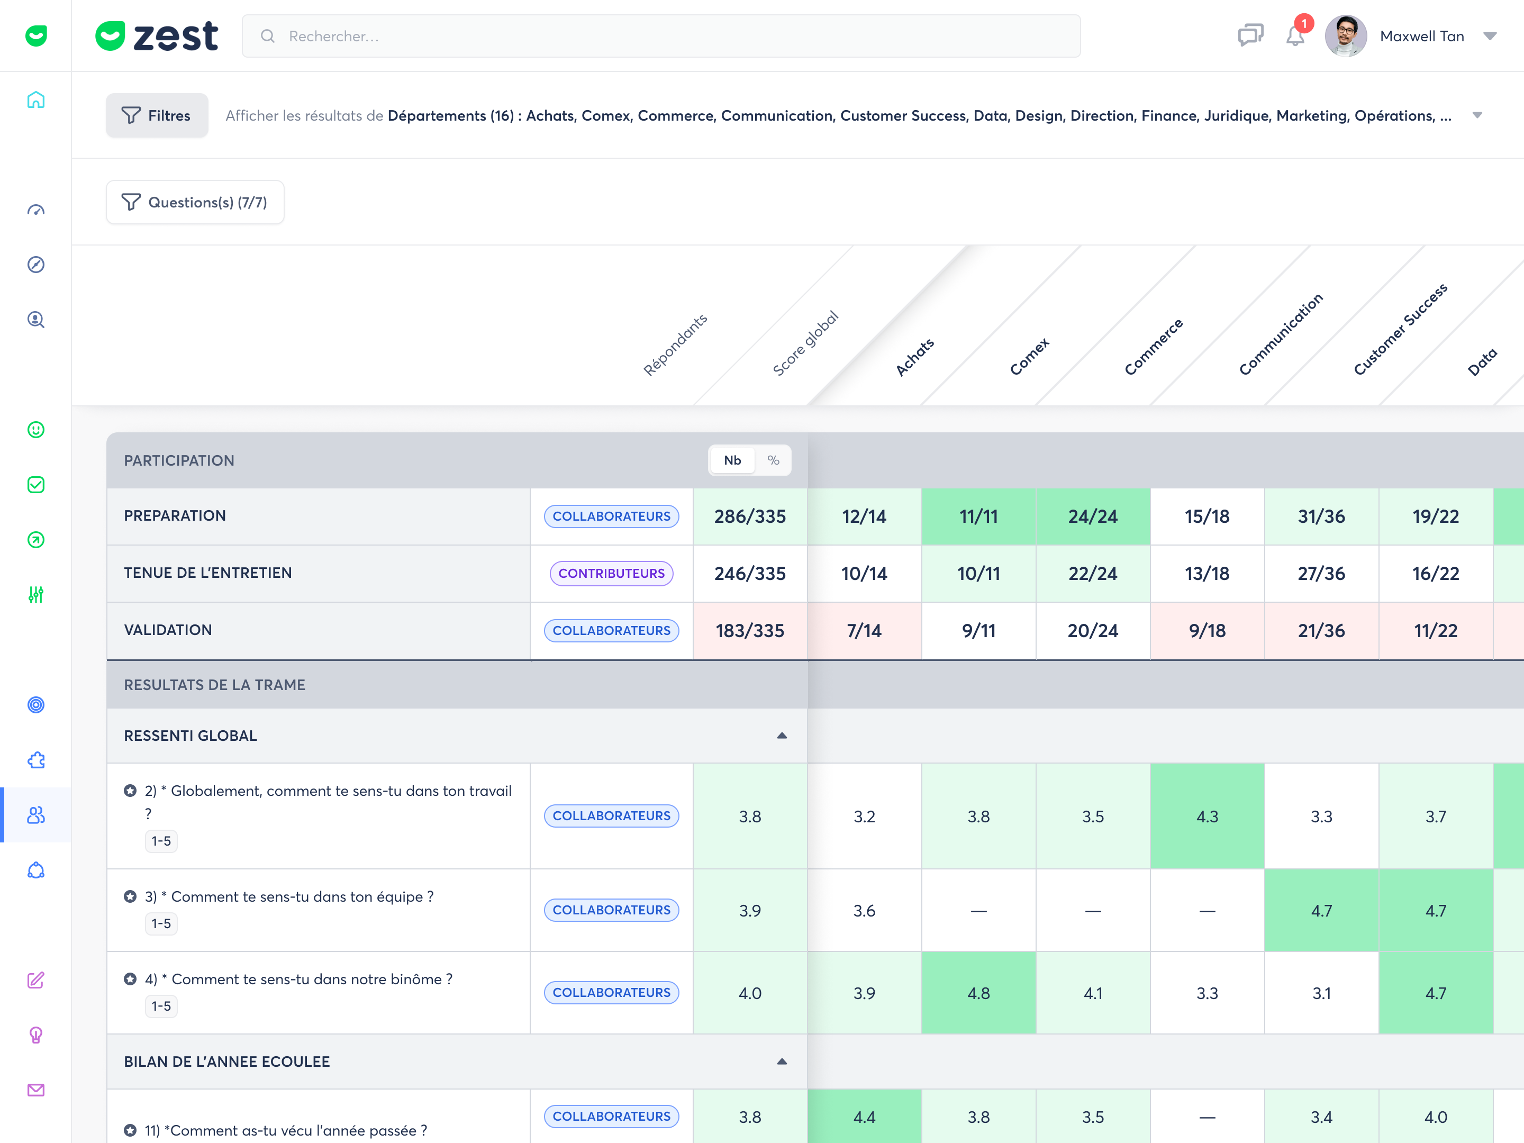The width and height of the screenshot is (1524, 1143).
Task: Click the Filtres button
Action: click(157, 115)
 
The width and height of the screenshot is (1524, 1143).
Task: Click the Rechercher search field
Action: click(661, 36)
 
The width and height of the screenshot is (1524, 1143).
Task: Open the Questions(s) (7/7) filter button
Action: click(195, 202)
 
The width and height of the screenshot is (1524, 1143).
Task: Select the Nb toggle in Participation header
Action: click(732, 460)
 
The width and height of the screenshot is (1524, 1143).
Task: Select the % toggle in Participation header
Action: click(773, 460)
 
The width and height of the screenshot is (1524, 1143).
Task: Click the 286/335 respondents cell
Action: click(750, 516)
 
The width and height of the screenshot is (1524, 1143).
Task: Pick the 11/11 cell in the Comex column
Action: click(978, 516)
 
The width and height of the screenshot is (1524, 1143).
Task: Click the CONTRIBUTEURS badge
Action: click(611, 573)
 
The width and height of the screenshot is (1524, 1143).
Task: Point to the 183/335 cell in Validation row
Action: click(750, 630)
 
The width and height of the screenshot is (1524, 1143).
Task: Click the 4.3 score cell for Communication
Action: click(1207, 817)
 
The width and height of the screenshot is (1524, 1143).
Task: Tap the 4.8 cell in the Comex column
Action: click(978, 993)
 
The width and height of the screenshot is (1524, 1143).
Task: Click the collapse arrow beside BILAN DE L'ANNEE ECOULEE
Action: click(782, 1062)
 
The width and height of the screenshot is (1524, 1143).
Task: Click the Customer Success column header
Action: click(1400, 329)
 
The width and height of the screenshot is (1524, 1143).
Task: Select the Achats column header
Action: click(914, 357)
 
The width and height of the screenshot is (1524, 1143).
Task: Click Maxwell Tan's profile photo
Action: click(1346, 36)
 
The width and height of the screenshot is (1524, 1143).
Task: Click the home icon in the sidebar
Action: click(36, 100)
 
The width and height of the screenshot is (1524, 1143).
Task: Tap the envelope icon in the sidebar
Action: click(36, 1090)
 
